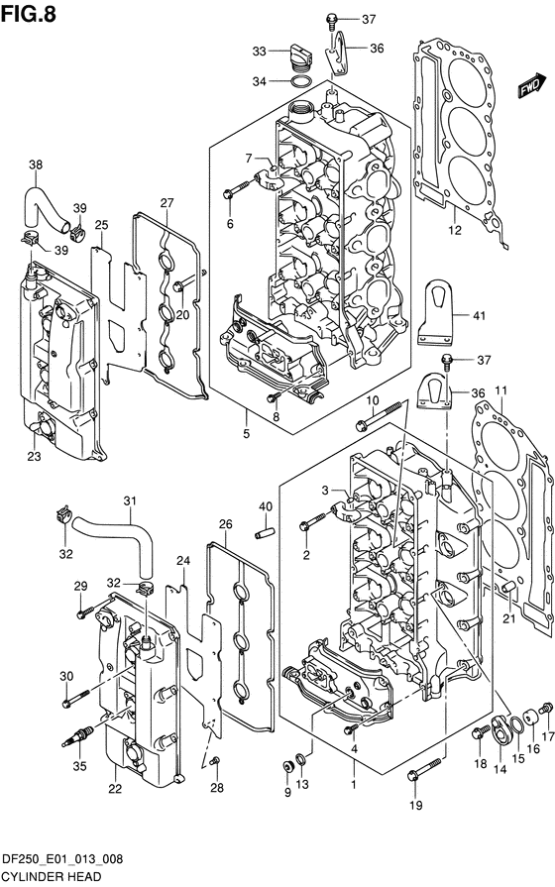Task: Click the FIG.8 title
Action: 29,13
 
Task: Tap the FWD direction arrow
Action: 530,85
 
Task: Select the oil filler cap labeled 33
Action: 299,55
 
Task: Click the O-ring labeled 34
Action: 299,82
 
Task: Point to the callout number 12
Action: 454,230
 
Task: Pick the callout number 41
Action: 479,316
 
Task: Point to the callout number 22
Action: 115,788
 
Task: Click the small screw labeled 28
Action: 214,761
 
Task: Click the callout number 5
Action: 246,434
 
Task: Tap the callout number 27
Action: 166,202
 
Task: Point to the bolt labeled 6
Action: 237,189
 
